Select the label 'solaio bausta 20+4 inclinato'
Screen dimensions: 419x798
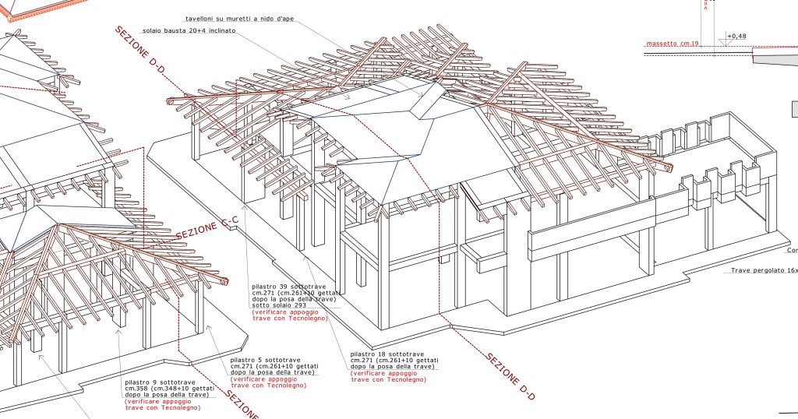click(189, 31)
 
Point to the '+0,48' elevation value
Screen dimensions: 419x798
click(736, 36)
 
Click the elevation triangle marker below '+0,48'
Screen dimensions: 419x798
click(723, 44)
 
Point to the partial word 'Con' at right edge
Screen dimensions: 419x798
click(792, 251)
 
